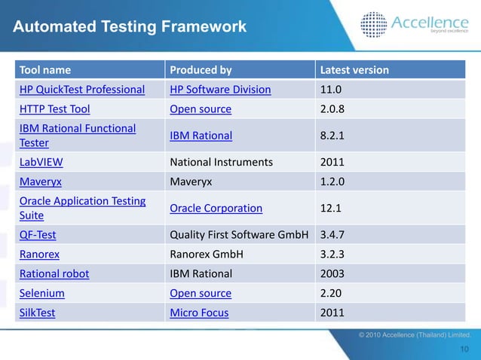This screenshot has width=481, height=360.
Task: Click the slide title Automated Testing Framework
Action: click(129, 28)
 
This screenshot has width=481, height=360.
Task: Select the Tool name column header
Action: click(45, 70)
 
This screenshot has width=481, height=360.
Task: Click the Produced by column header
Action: click(201, 70)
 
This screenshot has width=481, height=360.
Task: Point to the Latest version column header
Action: click(355, 70)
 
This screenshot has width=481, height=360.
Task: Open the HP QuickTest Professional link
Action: click(81, 90)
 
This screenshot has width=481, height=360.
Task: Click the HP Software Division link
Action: click(220, 90)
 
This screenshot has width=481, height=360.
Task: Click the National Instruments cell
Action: click(221, 161)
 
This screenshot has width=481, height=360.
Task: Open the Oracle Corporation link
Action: click(216, 208)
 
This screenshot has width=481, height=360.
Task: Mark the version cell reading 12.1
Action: click(332, 208)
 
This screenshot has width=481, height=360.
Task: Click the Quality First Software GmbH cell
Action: click(239, 234)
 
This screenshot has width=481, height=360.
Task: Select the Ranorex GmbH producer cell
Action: click(206, 254)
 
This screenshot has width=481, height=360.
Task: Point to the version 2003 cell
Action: click(333, 273)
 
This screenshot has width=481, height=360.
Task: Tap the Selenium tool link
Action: click(41, 293)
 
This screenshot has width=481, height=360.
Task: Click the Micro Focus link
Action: click(199, 313)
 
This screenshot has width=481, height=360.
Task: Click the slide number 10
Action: click(464, 348)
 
